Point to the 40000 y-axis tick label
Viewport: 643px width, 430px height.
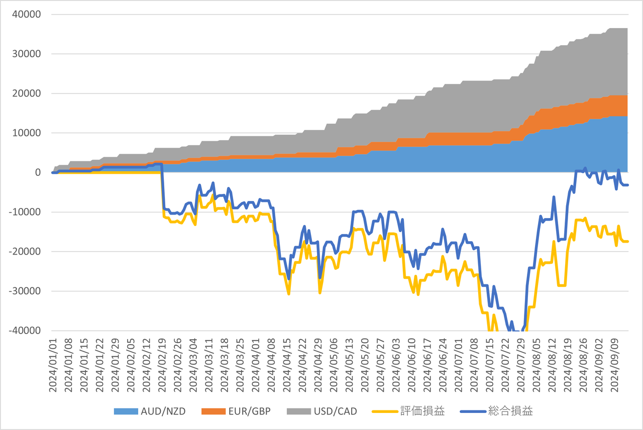26,15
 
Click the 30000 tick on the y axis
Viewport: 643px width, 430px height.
26,54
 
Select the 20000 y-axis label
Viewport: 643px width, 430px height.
26,93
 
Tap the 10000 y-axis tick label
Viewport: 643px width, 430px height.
26,133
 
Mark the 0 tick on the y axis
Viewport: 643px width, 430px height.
37,173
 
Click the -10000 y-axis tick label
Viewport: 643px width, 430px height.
24,212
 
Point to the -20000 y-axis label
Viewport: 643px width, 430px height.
24,252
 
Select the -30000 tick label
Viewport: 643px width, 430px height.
24,291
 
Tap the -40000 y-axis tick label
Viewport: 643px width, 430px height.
24,331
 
